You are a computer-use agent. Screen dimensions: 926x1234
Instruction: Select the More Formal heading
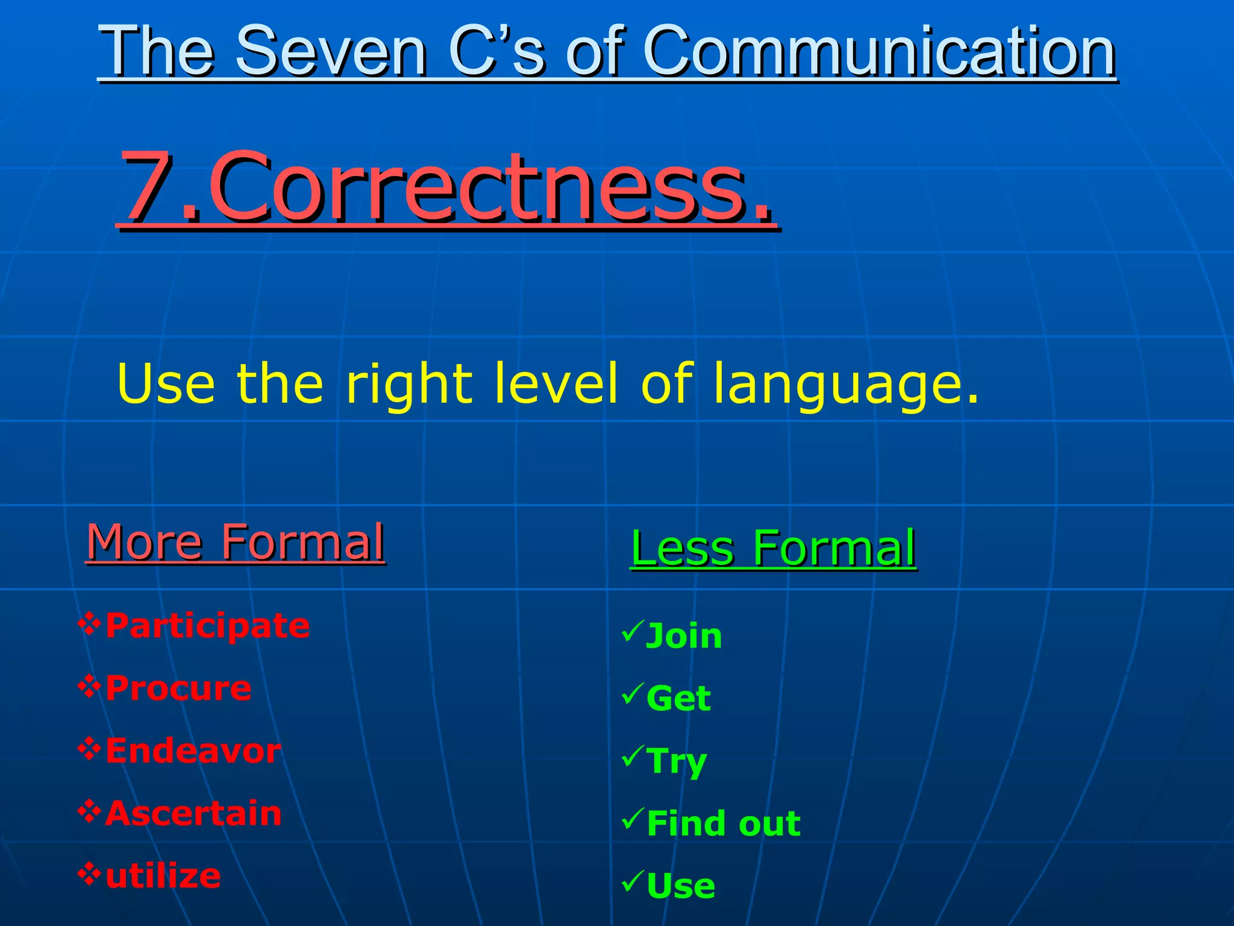click(x=235, y=542)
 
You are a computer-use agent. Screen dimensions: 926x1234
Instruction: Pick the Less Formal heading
click(x=773, y=548)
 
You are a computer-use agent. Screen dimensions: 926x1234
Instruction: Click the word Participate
click(x=207, y=626)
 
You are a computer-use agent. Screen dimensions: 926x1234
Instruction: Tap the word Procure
click(x=178, y=688)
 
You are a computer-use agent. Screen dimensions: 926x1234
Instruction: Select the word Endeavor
click(x=193, y=751)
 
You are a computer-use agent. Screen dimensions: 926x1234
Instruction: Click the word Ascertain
click(x=193, y=814)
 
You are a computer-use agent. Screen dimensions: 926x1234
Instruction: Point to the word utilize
click(x=163, y=877)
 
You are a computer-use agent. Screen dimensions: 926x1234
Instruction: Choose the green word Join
click(x=683, y=637)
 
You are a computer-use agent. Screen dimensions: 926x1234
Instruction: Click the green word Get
click(x=678, y=699)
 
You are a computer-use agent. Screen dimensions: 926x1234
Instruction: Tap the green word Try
click(x=676, y=762)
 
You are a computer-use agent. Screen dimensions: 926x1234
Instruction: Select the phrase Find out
click(x=724, y=824)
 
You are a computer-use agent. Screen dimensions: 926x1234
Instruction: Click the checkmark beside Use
click(x=633, y=881)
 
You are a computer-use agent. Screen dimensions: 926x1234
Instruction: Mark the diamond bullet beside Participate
click(x=89, y=624)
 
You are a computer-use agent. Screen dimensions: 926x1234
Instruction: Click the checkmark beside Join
click(x=633, y=632)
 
